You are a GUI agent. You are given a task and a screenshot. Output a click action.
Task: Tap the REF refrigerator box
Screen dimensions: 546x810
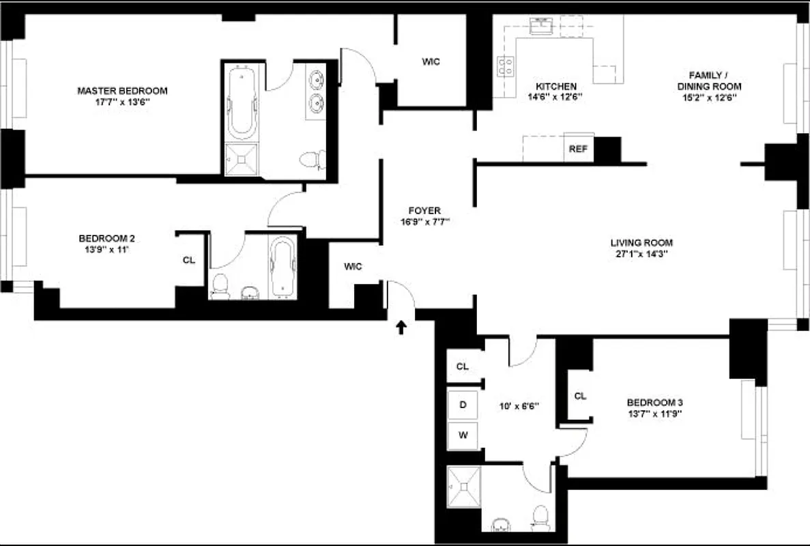(577, 149)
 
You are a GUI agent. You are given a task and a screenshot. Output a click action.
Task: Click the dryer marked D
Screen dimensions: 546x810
(463, 405)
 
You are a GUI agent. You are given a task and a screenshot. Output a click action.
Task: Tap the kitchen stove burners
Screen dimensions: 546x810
(506, 66)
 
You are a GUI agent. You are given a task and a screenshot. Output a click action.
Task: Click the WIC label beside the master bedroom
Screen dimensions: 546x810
(431, 61)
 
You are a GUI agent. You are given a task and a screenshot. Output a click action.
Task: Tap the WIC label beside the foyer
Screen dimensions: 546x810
(352, 267)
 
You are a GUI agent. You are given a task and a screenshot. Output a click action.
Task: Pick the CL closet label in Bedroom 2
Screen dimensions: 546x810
(189, 260)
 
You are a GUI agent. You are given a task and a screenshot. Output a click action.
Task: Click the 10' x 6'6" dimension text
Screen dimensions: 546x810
(520, 405)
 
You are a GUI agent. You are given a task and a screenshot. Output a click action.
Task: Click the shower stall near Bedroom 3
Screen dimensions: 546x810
(464, 486)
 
